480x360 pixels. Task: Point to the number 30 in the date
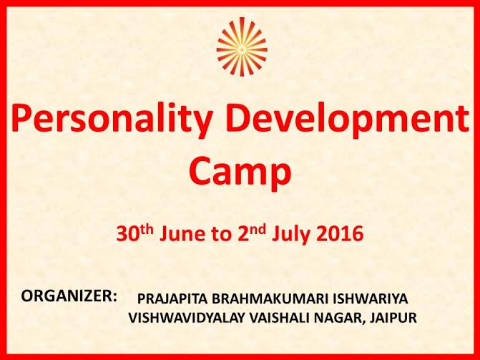[x=126, y=235]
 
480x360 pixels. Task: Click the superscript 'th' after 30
[x=145, y=230]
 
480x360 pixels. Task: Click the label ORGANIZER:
[x=69, y=296]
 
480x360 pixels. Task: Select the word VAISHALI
[x=279, y=318]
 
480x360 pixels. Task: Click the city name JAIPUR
[x=393, y=318]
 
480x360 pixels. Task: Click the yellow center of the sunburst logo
[x=242, y=49]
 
